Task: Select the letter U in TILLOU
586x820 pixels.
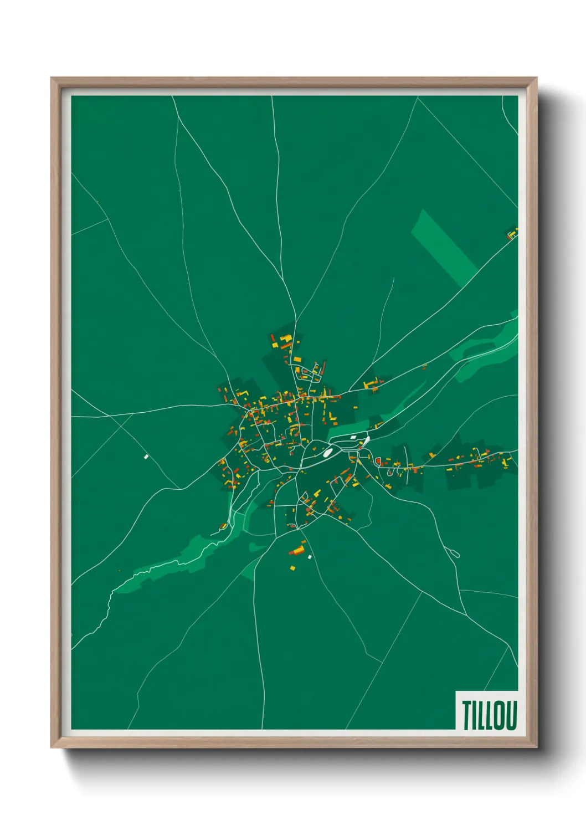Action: (x=511, y=715)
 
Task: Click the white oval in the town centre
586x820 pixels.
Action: (x=327, y=453)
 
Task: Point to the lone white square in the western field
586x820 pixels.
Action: (x=146, y=457)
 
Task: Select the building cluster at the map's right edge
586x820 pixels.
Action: (x=512, y=234)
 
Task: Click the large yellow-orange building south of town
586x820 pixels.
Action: (x=297, y=550)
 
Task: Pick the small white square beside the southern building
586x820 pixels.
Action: (x=310, y=556)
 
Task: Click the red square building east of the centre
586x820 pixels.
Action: (x=378, y=460)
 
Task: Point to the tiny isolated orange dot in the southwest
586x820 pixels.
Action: (x=119, y=571)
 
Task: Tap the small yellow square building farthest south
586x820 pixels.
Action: (x=293, y=567)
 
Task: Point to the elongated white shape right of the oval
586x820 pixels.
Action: (x=366, y=442)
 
